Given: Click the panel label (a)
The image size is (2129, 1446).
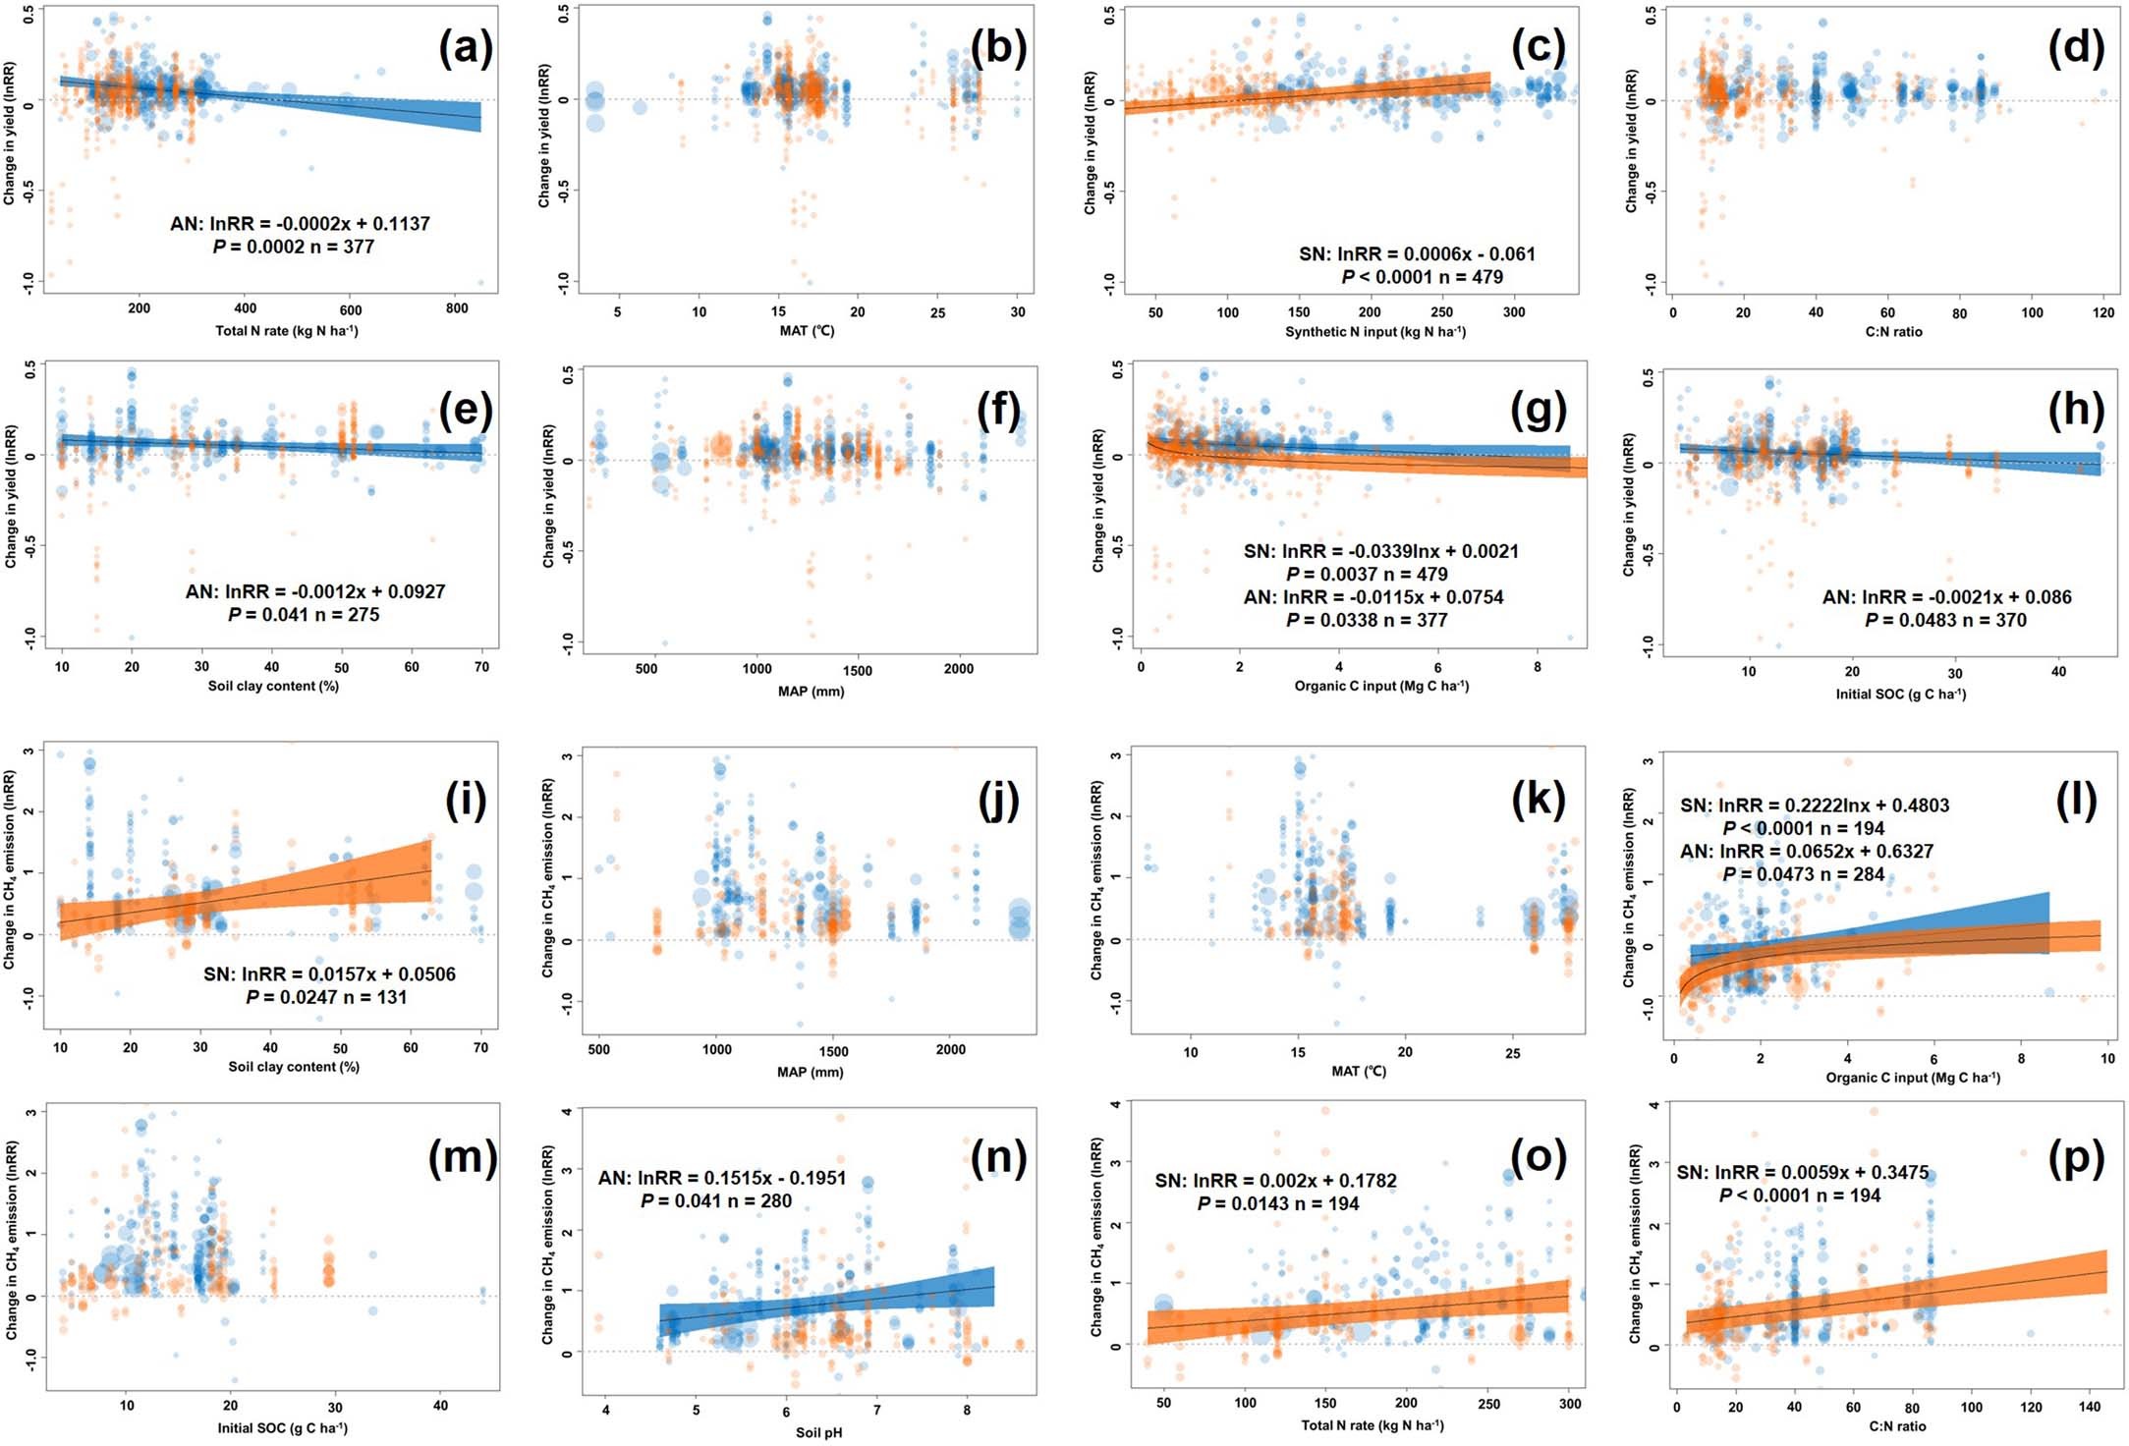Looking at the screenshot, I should [x=465, y=49].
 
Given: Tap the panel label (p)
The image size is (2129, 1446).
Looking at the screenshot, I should [x=2075, y=1160].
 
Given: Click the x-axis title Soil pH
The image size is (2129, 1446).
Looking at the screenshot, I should [x=818, y=1432].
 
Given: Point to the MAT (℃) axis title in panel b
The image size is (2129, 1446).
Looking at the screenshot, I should [x=807, y=331].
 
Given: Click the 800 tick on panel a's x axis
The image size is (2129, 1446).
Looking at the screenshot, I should [x=457, y=308].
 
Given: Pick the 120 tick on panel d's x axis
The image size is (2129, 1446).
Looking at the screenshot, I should [x=2103, y=312].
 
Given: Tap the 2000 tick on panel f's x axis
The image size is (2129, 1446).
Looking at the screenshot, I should [x=958, y=669].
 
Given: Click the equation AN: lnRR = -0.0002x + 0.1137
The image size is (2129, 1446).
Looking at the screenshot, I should [x=300, y=224].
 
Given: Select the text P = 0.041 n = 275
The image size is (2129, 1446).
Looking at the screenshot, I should [x=304, y=615].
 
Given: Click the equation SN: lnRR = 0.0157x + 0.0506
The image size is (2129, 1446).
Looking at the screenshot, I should [x=329, y=974].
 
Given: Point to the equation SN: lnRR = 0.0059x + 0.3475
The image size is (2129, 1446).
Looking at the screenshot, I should [x=1802, y=1173].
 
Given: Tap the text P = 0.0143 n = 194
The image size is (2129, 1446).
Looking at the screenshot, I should [x=1277, y=1204].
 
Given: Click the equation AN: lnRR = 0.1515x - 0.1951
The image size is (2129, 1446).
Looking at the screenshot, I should [x=721, y=1178].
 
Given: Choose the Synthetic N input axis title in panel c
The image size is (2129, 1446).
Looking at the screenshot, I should [x=1374, y=332].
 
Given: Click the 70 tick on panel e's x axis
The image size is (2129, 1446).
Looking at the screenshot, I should [x=481, y=667].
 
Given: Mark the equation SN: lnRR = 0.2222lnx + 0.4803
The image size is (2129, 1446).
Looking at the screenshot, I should [x=1814, y=806].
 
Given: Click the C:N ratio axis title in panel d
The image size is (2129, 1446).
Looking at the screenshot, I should [x=1893, y=332].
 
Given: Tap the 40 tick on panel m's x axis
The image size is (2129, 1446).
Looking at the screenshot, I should [x=440, y=1406].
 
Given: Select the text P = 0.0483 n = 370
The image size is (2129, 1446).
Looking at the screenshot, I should [x=1945, y=621].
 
